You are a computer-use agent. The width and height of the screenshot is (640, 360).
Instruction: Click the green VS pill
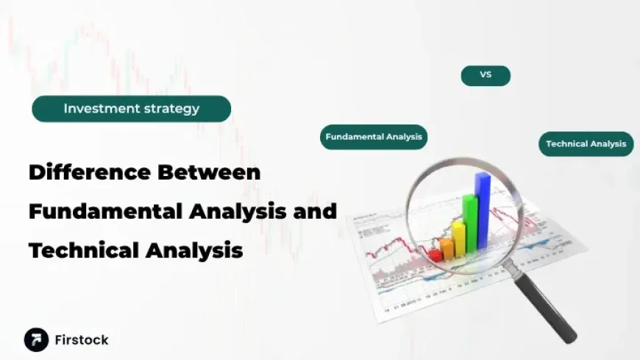coord(486,75)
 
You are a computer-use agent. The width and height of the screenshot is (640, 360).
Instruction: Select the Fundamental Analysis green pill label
coord(374,137)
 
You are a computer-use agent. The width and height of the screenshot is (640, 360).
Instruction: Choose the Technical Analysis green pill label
coord(586,144)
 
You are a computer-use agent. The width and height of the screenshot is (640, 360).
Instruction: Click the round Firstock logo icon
coord(36,339)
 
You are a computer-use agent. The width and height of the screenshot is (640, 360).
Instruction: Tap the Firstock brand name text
coord(82,340)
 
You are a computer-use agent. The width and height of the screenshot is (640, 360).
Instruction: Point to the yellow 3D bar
coord(458,237)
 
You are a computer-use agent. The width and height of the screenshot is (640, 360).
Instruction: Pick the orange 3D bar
coord(447,248)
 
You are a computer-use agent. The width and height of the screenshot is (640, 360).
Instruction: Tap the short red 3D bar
coord(435,255)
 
